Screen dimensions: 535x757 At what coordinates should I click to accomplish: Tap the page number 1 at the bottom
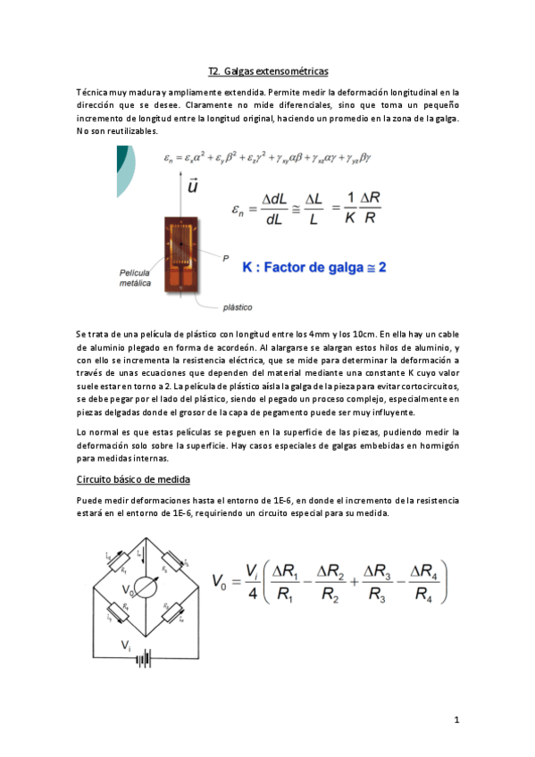[456, 720]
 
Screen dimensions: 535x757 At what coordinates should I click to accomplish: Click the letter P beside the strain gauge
[227, 257]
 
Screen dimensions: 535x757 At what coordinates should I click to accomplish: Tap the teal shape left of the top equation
[126, 170]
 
